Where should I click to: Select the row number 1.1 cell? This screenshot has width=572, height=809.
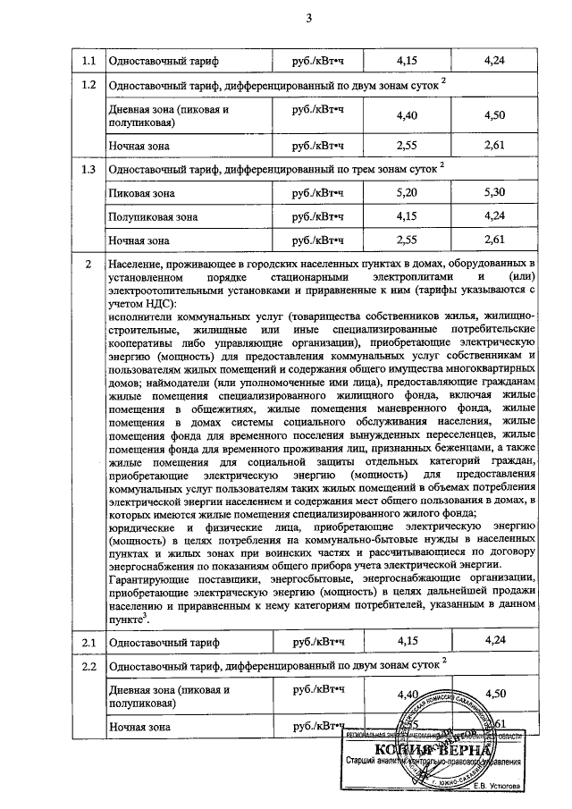[x=88, y=61]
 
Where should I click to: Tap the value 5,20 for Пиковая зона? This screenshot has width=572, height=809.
[x=405, y=192]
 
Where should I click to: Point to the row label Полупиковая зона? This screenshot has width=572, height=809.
[x=148, y=216]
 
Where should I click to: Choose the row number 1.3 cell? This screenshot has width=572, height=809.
[x=88, y=170]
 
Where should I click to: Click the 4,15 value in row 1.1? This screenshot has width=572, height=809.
[x=405, y=61]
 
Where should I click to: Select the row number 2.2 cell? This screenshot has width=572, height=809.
[x=88, y=667]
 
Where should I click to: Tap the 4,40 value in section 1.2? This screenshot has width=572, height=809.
[x=405, y=115]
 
